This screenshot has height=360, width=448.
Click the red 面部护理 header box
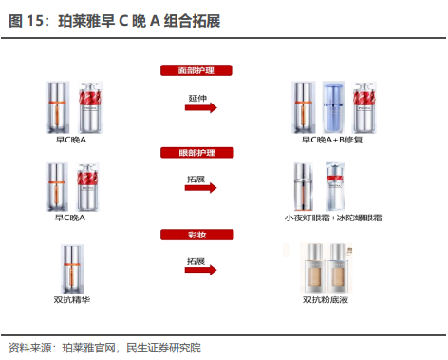(x=196, y=70)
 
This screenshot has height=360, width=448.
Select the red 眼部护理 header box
(x=197, y=153)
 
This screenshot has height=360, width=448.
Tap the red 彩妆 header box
(x=197, y=235)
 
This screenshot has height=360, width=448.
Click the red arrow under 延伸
(x=201, y=107)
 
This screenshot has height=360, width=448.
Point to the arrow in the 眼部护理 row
(x=201, y=188)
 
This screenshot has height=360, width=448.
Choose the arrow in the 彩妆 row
(x=201, y=270)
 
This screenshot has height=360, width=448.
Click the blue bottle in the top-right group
(x=333, y=107)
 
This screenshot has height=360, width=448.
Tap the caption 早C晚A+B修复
(x=332, y=140)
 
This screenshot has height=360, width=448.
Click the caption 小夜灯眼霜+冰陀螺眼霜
(x=333, y=218)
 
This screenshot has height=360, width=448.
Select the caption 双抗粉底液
(x=326, y=299)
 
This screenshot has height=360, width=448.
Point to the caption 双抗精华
(x=72, y=299)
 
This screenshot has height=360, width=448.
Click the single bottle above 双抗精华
(x=72, y=269)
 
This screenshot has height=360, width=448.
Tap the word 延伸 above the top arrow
(x=197, y=98)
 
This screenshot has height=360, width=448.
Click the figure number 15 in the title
(x=34, y=21)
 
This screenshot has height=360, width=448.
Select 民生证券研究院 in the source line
(x=163, y=348)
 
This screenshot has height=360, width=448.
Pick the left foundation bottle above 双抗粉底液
(x=313, y=269)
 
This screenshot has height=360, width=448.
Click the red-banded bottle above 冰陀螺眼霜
(x=335, y=187)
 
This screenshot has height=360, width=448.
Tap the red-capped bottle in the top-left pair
(x=90, y=107)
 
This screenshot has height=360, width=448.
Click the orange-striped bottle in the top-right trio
(x=304, y=107)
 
